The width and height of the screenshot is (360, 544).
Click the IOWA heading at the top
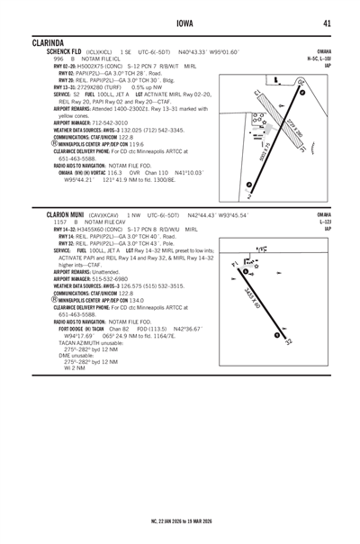click(x=180, y=23)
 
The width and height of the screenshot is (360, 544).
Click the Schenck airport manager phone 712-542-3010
click(x=109, y=122)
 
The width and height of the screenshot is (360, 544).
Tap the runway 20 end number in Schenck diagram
click(x=299, y=84)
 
